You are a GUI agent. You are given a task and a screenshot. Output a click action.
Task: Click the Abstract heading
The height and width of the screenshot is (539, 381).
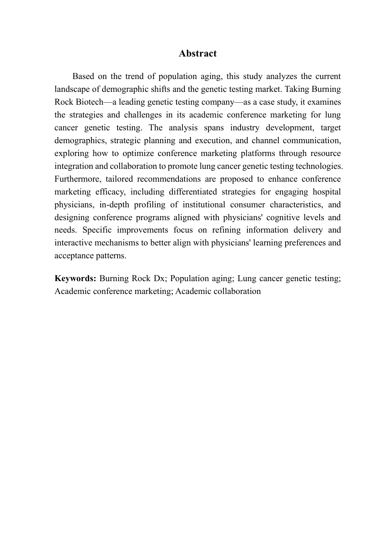click(198, 54)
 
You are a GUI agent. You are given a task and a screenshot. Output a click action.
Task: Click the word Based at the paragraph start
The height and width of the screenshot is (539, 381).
click(83, 77)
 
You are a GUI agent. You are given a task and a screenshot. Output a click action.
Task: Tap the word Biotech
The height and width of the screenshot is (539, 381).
click(85, 102)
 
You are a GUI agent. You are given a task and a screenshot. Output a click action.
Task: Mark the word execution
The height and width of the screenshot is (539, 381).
click(212, 141)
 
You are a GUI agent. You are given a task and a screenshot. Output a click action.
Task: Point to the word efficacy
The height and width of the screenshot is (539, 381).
click(110, 192)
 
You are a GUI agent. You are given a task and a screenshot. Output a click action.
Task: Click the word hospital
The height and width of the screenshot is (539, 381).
click(325, 192)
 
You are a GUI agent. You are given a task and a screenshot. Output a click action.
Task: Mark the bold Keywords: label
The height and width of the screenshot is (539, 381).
click(75, 279)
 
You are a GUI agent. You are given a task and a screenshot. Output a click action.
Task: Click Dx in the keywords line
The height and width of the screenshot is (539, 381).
click(159, 279)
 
